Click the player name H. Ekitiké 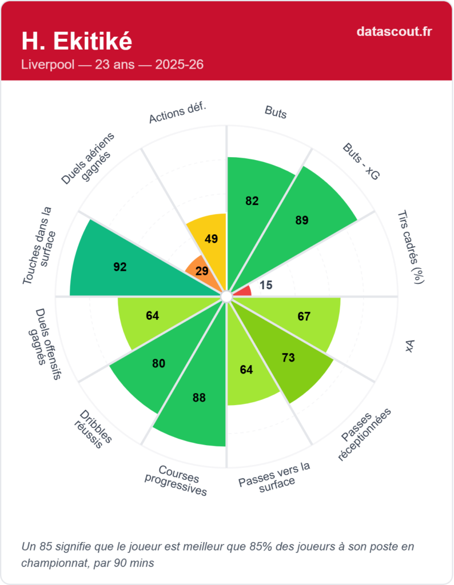77,41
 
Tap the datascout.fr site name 394,31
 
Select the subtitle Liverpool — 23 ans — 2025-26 112,65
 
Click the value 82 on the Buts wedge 252,201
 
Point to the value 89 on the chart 301,221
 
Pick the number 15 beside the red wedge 265,285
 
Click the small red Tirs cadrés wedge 244,291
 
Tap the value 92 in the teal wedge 120,267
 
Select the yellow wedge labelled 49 211,239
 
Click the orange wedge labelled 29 202,271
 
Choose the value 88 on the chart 199,398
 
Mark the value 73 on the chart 288,358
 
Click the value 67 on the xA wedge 303,316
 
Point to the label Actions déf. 177,113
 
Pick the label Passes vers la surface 275,474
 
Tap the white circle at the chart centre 226,296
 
